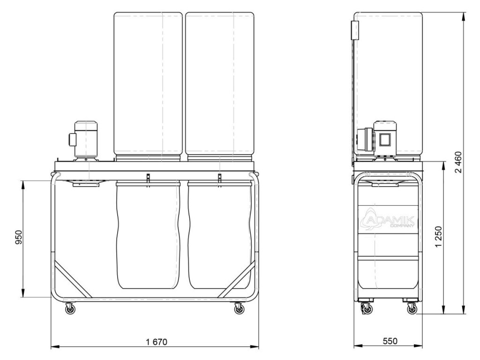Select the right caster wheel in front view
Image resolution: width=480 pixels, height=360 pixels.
click(x=239, y=308)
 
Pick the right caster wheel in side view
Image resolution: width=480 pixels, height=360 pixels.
click(x=411, y=308)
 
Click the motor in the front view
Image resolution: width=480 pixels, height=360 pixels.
click(x=85, y=140)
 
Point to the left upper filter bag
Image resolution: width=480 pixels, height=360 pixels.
click(x=148, y=84)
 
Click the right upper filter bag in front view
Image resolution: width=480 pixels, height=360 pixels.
click(x=219, y=84)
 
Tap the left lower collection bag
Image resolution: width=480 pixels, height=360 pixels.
click(x=148, y=234)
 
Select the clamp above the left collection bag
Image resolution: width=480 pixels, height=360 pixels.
click(x=148, y=178)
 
